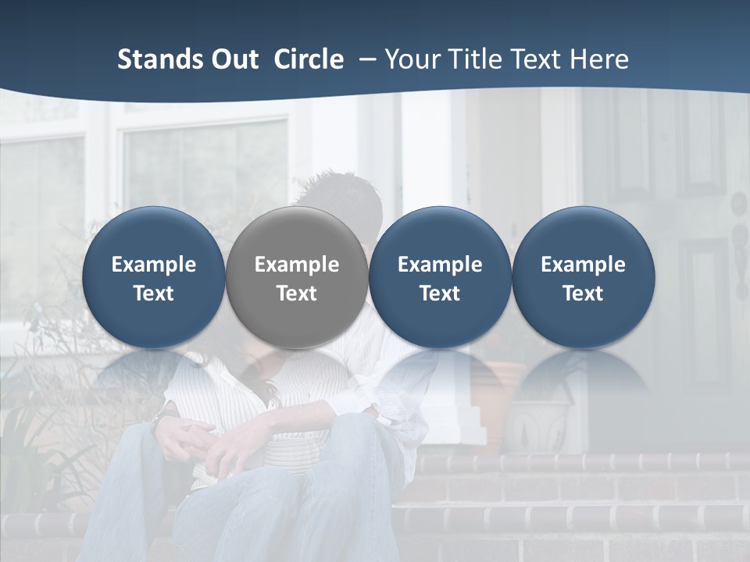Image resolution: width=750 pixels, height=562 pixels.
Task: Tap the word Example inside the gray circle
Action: [x=297, y=265]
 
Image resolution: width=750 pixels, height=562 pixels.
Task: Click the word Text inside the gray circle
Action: [x=297, y=293]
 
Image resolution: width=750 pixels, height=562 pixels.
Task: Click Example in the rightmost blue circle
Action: [x=584, y=265]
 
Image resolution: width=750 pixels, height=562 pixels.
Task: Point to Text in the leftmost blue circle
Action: [x=154, y=293]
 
